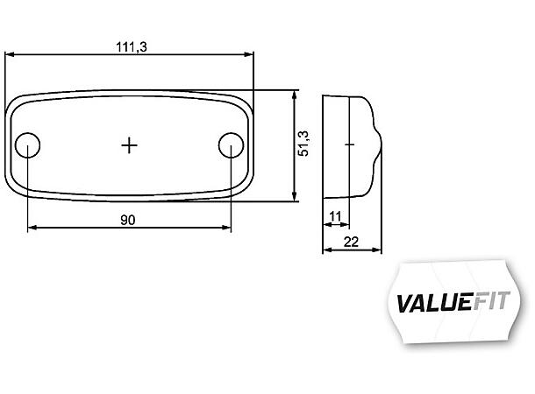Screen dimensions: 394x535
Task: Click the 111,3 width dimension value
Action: (131, 46)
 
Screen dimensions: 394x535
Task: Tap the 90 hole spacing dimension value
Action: (128, 220)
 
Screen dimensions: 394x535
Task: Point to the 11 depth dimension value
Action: (334, 215)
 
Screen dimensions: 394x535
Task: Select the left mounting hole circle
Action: (29, 145)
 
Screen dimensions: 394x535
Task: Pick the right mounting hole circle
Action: (231, 145)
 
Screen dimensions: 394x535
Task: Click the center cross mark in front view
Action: (130, 145)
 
